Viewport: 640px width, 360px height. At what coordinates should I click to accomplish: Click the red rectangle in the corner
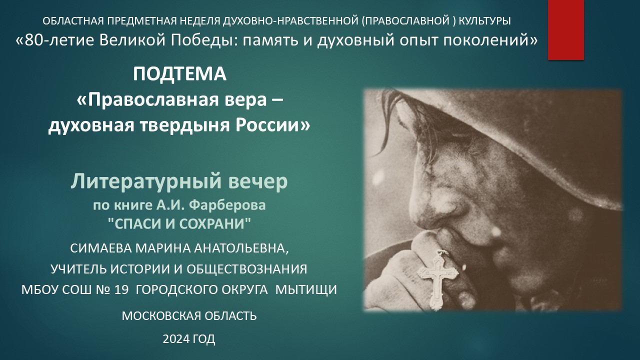[565, 30]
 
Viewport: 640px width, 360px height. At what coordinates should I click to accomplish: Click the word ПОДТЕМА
[179, 74]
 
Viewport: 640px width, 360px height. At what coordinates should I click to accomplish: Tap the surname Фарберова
[227, 205]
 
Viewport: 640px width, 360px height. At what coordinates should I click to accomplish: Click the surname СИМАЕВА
[100, 248]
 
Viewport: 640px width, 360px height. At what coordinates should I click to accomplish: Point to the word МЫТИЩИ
[306, 290]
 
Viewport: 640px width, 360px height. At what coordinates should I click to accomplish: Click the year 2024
[176, 339]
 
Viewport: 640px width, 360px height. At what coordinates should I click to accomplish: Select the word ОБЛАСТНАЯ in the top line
[73, 21]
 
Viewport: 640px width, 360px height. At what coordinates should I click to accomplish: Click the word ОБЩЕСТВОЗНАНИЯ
[247, 269]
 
